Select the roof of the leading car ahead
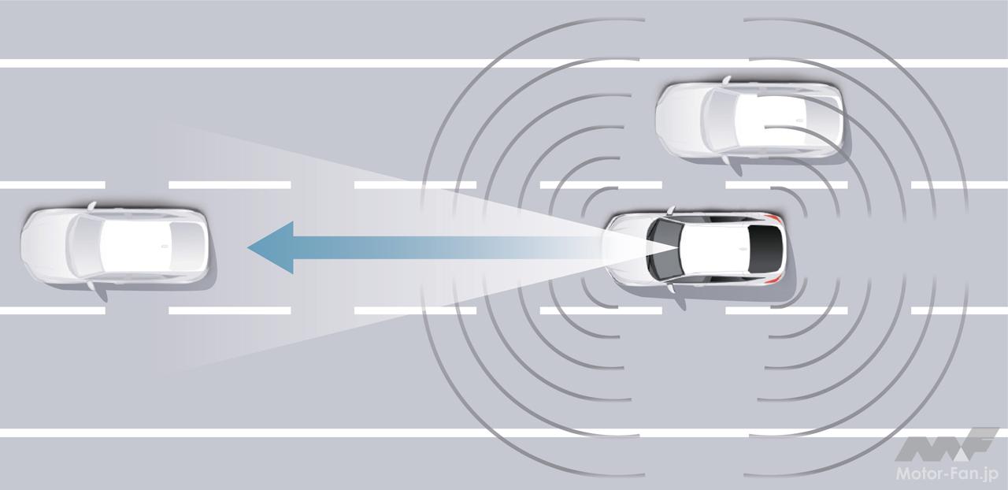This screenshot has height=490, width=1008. pyautogui.click(x=135, y=247)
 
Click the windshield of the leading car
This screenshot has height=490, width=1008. pyautogui.click(x=84, y=247)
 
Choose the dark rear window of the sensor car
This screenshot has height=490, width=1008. pyautogui.click(x=765, y=247)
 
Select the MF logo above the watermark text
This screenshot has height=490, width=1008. pyautogui.click(x=947, y=445)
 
